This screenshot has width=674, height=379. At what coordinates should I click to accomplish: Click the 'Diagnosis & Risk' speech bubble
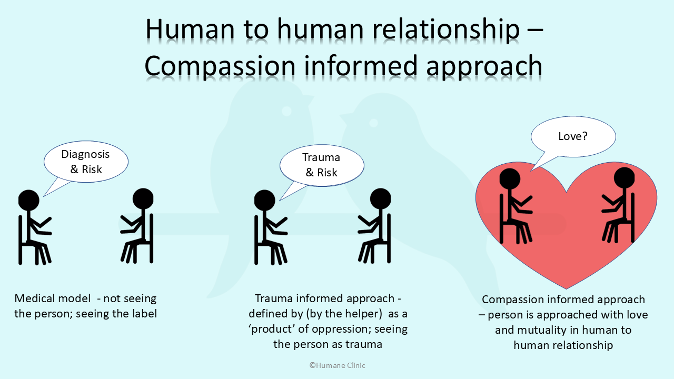[86, 162]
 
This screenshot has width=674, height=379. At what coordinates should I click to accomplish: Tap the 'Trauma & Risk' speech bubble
[322, 165]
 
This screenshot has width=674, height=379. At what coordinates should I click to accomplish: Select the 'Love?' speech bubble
[573, 137]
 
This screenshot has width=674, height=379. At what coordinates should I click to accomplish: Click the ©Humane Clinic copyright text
[338, 365]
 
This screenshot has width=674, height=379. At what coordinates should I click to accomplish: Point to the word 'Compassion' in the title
[220, 66]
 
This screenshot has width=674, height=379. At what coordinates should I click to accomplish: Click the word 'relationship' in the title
[446, 29]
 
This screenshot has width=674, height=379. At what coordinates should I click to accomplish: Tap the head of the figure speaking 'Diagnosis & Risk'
[29, 200]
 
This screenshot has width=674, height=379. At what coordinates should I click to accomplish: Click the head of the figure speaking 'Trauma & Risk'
[265, 200]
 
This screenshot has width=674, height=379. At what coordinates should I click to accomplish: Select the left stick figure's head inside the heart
[510, 178]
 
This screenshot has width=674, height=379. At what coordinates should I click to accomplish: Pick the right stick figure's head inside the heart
[624, 177]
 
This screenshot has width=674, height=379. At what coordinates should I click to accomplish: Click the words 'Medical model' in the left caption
[52, 298]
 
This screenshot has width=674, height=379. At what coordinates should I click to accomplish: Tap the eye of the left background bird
[286, 111]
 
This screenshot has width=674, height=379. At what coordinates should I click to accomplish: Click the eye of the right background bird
[373, 123]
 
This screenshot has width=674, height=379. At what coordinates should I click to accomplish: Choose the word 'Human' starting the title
[190, 29]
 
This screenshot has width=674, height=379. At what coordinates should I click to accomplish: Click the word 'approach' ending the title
[484, 67]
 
